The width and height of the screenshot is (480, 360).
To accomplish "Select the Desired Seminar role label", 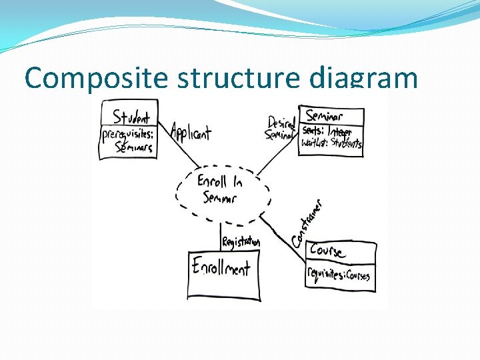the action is pyautogui.click(x=281, y=128).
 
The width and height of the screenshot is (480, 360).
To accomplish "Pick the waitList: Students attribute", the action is pyautogui.click(x=331, y=143).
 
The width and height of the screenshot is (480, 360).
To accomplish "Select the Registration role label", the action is pyautogui.click(x=241, y=242).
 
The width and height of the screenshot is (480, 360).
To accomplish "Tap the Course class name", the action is pyautogui.click(x=327, y=251).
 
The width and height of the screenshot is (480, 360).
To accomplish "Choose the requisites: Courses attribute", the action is pyautogui.click(x=339, y=273).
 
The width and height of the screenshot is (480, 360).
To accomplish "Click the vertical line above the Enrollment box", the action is pyautogui.click(x=221, y=233).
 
